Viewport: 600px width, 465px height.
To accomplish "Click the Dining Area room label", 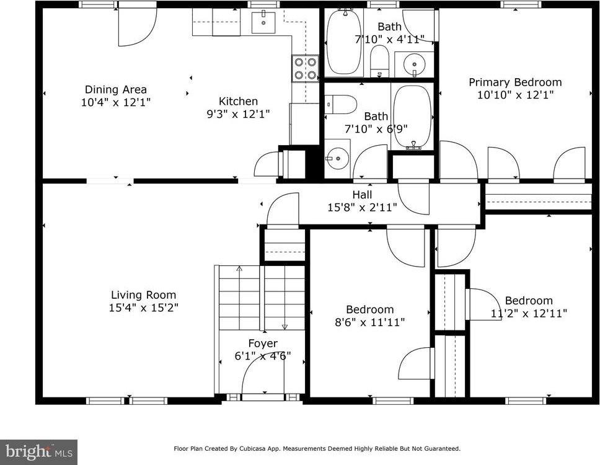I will coord(116,89).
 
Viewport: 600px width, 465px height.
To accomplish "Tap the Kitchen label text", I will coord(238,101).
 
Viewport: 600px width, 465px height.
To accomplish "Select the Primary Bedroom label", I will coord(515,82).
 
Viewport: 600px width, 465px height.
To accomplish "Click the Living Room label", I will coord(143,295).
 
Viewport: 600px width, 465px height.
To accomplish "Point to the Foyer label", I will coord(263,343).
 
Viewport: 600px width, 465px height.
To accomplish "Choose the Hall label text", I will coord(362,195).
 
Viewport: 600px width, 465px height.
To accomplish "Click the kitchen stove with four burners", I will coord(305,68).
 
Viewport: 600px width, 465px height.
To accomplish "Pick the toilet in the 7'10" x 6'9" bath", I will coord(340,104).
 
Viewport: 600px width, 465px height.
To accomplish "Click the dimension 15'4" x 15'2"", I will coord(144,307).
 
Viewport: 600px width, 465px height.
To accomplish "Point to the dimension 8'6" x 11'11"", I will coord(370,322).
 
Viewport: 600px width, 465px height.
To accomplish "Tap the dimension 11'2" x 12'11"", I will coord(529,313).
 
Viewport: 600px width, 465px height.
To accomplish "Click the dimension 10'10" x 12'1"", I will coord(515,95).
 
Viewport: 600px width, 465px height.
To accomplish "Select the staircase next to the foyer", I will coord(262,296).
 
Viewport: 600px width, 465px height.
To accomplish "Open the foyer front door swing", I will coord(260,375).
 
